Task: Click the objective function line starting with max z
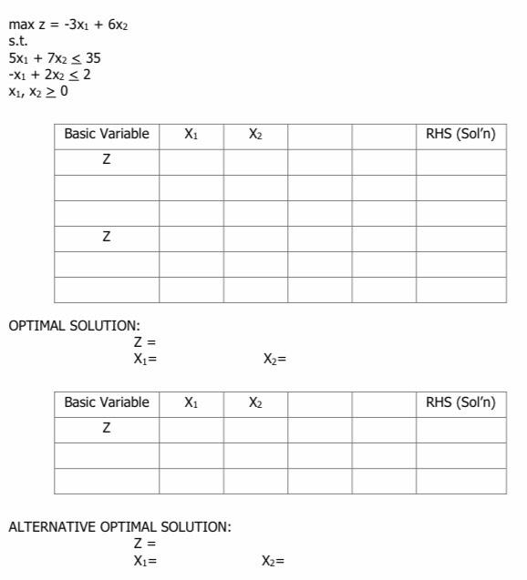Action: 68,25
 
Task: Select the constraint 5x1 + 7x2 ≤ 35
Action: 55,58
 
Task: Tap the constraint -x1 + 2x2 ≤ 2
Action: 49,75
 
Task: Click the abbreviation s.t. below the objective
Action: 17,42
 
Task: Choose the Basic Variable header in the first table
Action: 107,135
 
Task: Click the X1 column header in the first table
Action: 191,135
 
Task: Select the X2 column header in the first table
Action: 255,135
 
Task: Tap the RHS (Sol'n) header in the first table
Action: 460,135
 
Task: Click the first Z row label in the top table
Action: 107,160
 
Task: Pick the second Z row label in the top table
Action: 107,237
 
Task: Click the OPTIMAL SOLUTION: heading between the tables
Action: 75,326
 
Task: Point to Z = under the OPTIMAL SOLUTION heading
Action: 145,342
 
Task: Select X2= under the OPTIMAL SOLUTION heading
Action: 274,359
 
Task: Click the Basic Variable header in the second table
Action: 107,402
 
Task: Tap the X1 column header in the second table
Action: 191,402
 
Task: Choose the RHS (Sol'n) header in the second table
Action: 460,402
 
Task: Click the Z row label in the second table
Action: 107,428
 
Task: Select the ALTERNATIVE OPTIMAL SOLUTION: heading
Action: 120,527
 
